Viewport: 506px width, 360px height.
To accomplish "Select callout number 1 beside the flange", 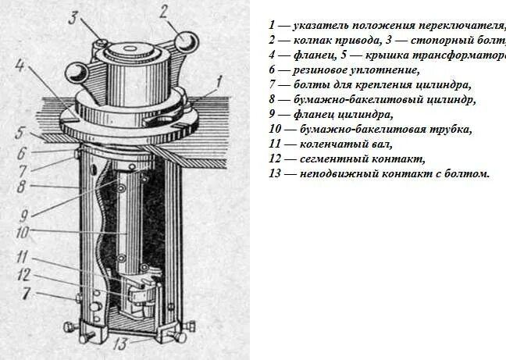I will tap(221, 79).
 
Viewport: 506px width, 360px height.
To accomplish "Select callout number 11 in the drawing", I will tap(23, 255).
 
